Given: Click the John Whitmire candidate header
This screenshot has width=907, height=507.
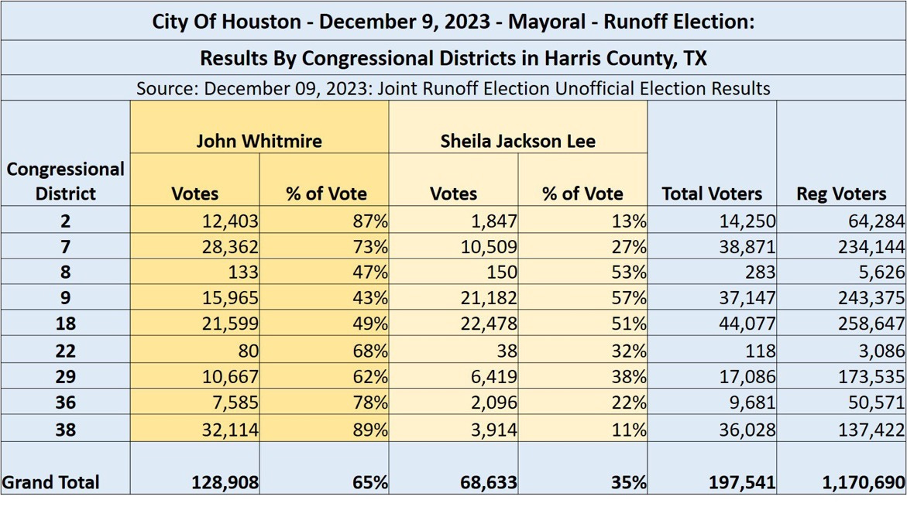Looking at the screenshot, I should (x=259, y=141).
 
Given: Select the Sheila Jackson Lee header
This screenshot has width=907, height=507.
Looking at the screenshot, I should (x=517, y=141).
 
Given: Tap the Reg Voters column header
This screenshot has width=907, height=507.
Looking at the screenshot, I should (x=841, y=194).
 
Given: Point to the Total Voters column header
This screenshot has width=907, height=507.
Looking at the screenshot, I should (x=711, y=194).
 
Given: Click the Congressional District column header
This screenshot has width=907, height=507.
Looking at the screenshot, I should (x=65, y=180).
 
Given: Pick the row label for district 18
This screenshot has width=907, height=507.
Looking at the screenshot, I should (x=65, y=324).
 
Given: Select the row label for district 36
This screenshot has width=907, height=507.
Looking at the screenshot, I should (x=65, y=403).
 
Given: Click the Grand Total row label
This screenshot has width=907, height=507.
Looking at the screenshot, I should (x=51, y=482).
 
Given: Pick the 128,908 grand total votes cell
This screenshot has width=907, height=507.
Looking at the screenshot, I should (x=225, y=482).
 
